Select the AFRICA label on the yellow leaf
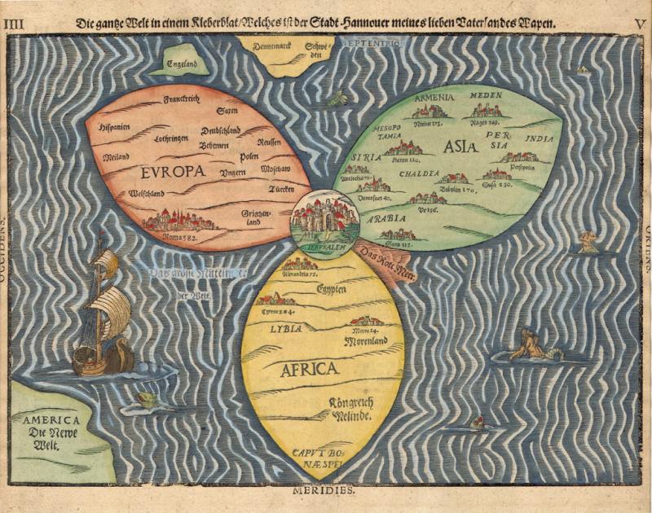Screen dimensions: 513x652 [x=309, y=369]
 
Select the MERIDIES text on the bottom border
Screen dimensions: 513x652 [x=326, y=491]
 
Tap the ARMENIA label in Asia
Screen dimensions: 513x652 [x=434, y=98]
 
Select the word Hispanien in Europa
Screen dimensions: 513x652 [x=115, y=128]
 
